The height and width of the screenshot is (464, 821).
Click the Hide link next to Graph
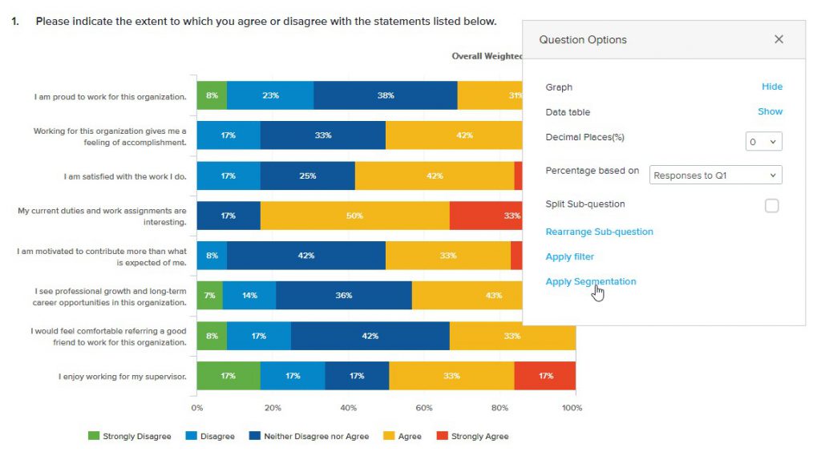tap(771, 87)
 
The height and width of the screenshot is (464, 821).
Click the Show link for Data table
tap(770, 111)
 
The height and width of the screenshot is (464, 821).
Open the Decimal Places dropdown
tap(763, 142)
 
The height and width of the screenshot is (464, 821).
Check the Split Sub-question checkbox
tap(771, 205)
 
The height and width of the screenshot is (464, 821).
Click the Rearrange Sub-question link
tap(599, 232)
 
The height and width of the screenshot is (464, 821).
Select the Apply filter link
tap(569, 256)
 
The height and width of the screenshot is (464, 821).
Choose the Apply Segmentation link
tap(591, 281)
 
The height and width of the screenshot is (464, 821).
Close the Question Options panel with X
tap(779, 39)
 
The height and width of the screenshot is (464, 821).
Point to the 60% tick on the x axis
tap(424, 408)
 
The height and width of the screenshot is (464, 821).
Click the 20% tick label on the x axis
tap(273, 408)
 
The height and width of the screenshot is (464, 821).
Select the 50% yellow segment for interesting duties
tap(354, 216)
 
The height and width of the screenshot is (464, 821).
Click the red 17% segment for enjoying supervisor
tap(545, 376)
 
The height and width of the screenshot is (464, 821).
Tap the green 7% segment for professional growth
tap(209, 296)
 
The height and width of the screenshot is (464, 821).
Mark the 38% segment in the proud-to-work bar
tap(385, 95)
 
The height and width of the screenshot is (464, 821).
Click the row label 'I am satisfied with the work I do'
tap(125, 176)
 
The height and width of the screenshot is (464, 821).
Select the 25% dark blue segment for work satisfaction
tap(307, 176)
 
